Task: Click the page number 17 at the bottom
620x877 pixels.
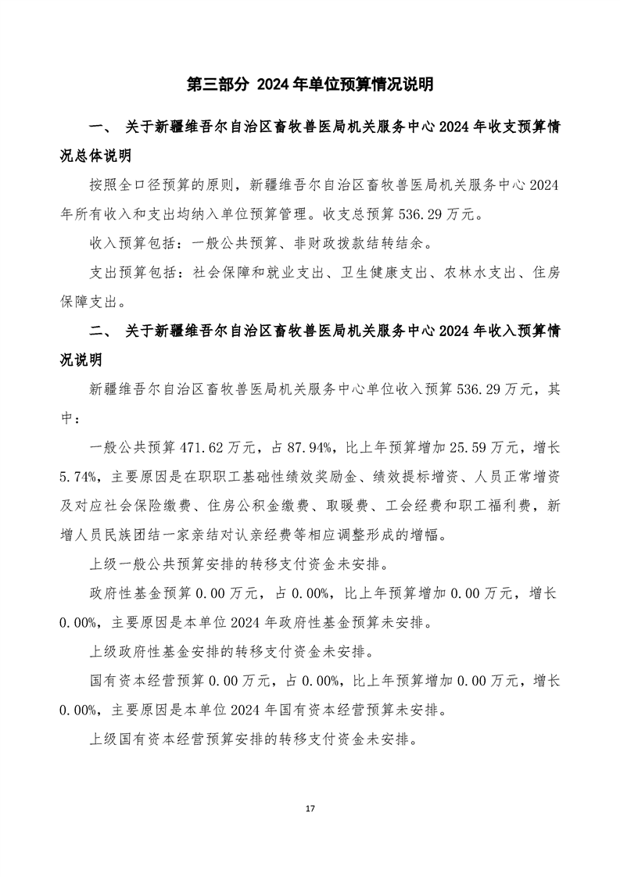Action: coord(310,807)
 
